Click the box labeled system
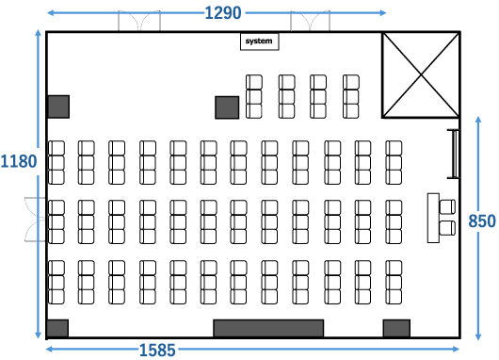click(x=259, y=41)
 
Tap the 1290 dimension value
click(x=223, y=13)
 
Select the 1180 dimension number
click(x=19, y=161)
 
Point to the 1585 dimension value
click(x=157, y=351)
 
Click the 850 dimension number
click(x=482, y=221)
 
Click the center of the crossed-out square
click(x=421, y=74)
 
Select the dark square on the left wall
click(x=58, y=106)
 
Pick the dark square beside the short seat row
click(x=227, y=107)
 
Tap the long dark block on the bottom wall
click(x=268, y=328)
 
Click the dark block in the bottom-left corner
click(x=57, y=328)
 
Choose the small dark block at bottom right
click(x=396, y=328)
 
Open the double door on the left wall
click(x=36, y=220)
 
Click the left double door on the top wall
click(x=139, y=21)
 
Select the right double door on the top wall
click(x=311, y=21)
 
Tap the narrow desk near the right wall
click(x=433, y=218)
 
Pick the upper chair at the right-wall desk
click(x=447, y=206)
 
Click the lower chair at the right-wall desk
click(x=447, y=228)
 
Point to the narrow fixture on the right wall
click(x=454, y=154)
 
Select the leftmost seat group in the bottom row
click(x=56, y=283)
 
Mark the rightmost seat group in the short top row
click(x=351, y=97)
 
